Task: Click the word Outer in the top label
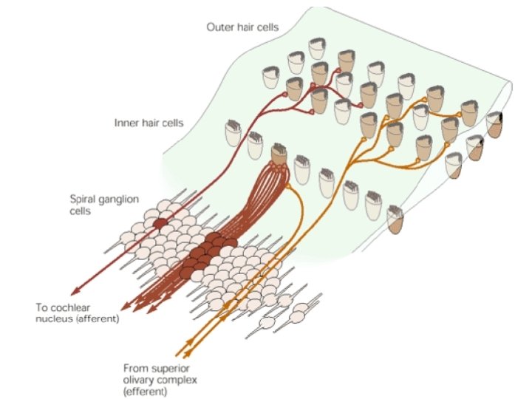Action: pos(219,27)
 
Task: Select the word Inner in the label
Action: pos(126,122)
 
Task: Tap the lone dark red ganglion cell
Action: pos(160,223)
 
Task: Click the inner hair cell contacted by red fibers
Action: pos(279,154)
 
